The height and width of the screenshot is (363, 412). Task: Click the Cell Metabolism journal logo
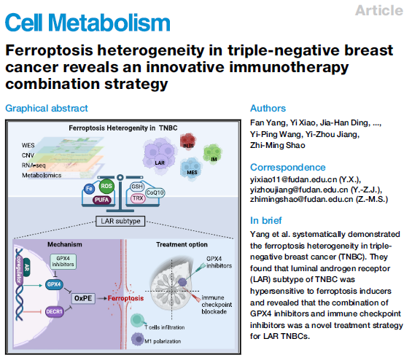[88, 23]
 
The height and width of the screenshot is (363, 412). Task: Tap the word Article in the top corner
[379, 10]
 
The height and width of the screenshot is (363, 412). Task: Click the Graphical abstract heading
[47, 108]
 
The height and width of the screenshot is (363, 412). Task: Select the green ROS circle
[106, 186]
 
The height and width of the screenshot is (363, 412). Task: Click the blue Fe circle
[90, 189]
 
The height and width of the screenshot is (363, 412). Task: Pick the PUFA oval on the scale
[101, 200]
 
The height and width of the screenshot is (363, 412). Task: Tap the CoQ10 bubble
[155, 192]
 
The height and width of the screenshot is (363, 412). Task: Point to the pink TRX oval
[138, 198]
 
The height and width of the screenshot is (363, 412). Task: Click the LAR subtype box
[120, 221]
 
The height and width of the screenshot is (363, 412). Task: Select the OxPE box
[83, 298]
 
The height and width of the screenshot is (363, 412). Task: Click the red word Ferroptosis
[125, 298]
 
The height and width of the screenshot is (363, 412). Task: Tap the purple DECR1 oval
[54, 311]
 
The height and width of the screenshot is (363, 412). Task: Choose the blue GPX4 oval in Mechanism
[54, 284]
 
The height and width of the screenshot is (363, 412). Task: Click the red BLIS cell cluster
[188, 141]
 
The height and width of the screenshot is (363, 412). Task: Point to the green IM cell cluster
[213, 154]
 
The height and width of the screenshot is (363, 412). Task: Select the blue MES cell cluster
[191, 168]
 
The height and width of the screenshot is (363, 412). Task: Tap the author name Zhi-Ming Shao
[278, 145]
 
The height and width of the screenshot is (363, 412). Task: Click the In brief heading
[266, 220]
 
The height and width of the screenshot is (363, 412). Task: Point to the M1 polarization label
[163, 341]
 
